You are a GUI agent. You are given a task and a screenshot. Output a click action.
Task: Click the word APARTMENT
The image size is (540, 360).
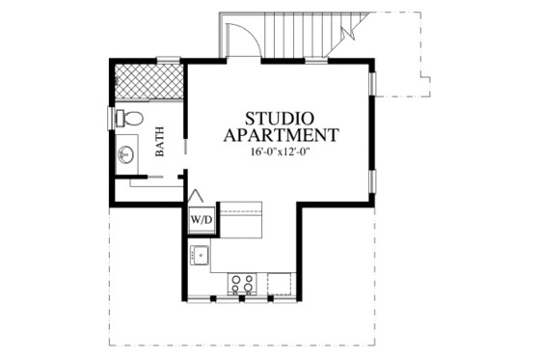[280, 134]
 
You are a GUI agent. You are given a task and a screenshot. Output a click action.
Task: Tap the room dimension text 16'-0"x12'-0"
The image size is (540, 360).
[280, 152]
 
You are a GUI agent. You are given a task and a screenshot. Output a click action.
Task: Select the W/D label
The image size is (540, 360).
[201, 220]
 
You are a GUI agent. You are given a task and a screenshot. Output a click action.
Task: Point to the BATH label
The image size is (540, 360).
[161, 143]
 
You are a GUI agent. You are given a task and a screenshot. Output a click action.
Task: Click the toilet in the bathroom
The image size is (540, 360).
[130, 120]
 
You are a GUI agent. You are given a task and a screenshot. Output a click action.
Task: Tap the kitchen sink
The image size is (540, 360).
[202, 256]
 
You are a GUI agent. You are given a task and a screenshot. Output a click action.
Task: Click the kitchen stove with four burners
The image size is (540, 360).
[242, 283]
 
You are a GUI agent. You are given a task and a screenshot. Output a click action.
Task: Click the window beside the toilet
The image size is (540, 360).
[110, 120]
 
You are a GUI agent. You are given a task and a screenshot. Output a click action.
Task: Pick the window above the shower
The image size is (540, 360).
[170, 63]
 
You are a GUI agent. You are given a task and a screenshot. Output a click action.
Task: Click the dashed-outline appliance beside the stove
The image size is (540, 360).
[281, 283]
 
